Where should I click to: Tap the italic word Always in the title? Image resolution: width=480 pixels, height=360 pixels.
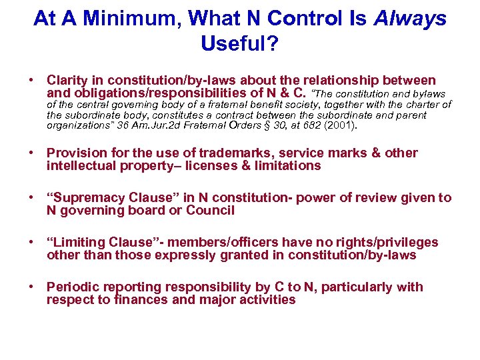411,19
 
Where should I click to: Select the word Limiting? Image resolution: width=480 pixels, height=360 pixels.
79,243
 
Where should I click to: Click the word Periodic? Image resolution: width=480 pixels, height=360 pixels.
71,287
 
